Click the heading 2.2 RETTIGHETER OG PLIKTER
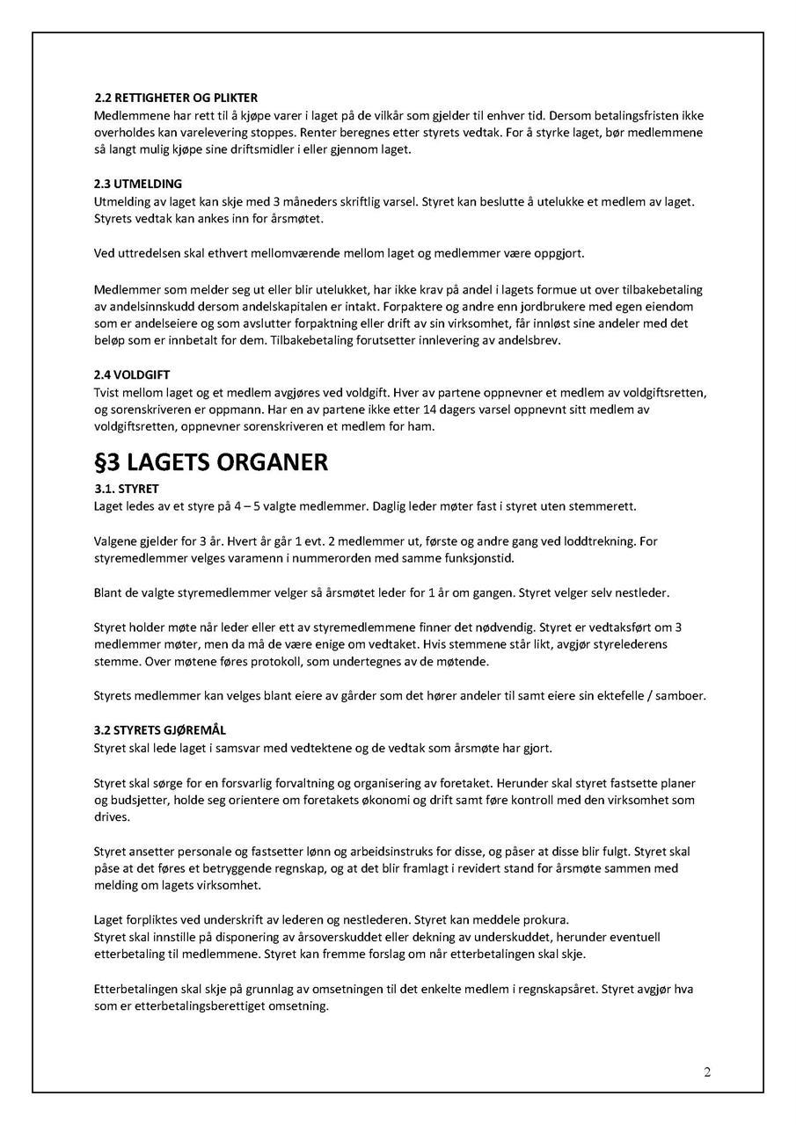(176, 98)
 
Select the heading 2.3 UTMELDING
(138, 184)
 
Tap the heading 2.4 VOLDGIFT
(132, 375)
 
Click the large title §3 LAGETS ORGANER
(211, 462)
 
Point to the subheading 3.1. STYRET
(127, 489)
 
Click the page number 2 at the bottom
(707, 1071)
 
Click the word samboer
(681, 696)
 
